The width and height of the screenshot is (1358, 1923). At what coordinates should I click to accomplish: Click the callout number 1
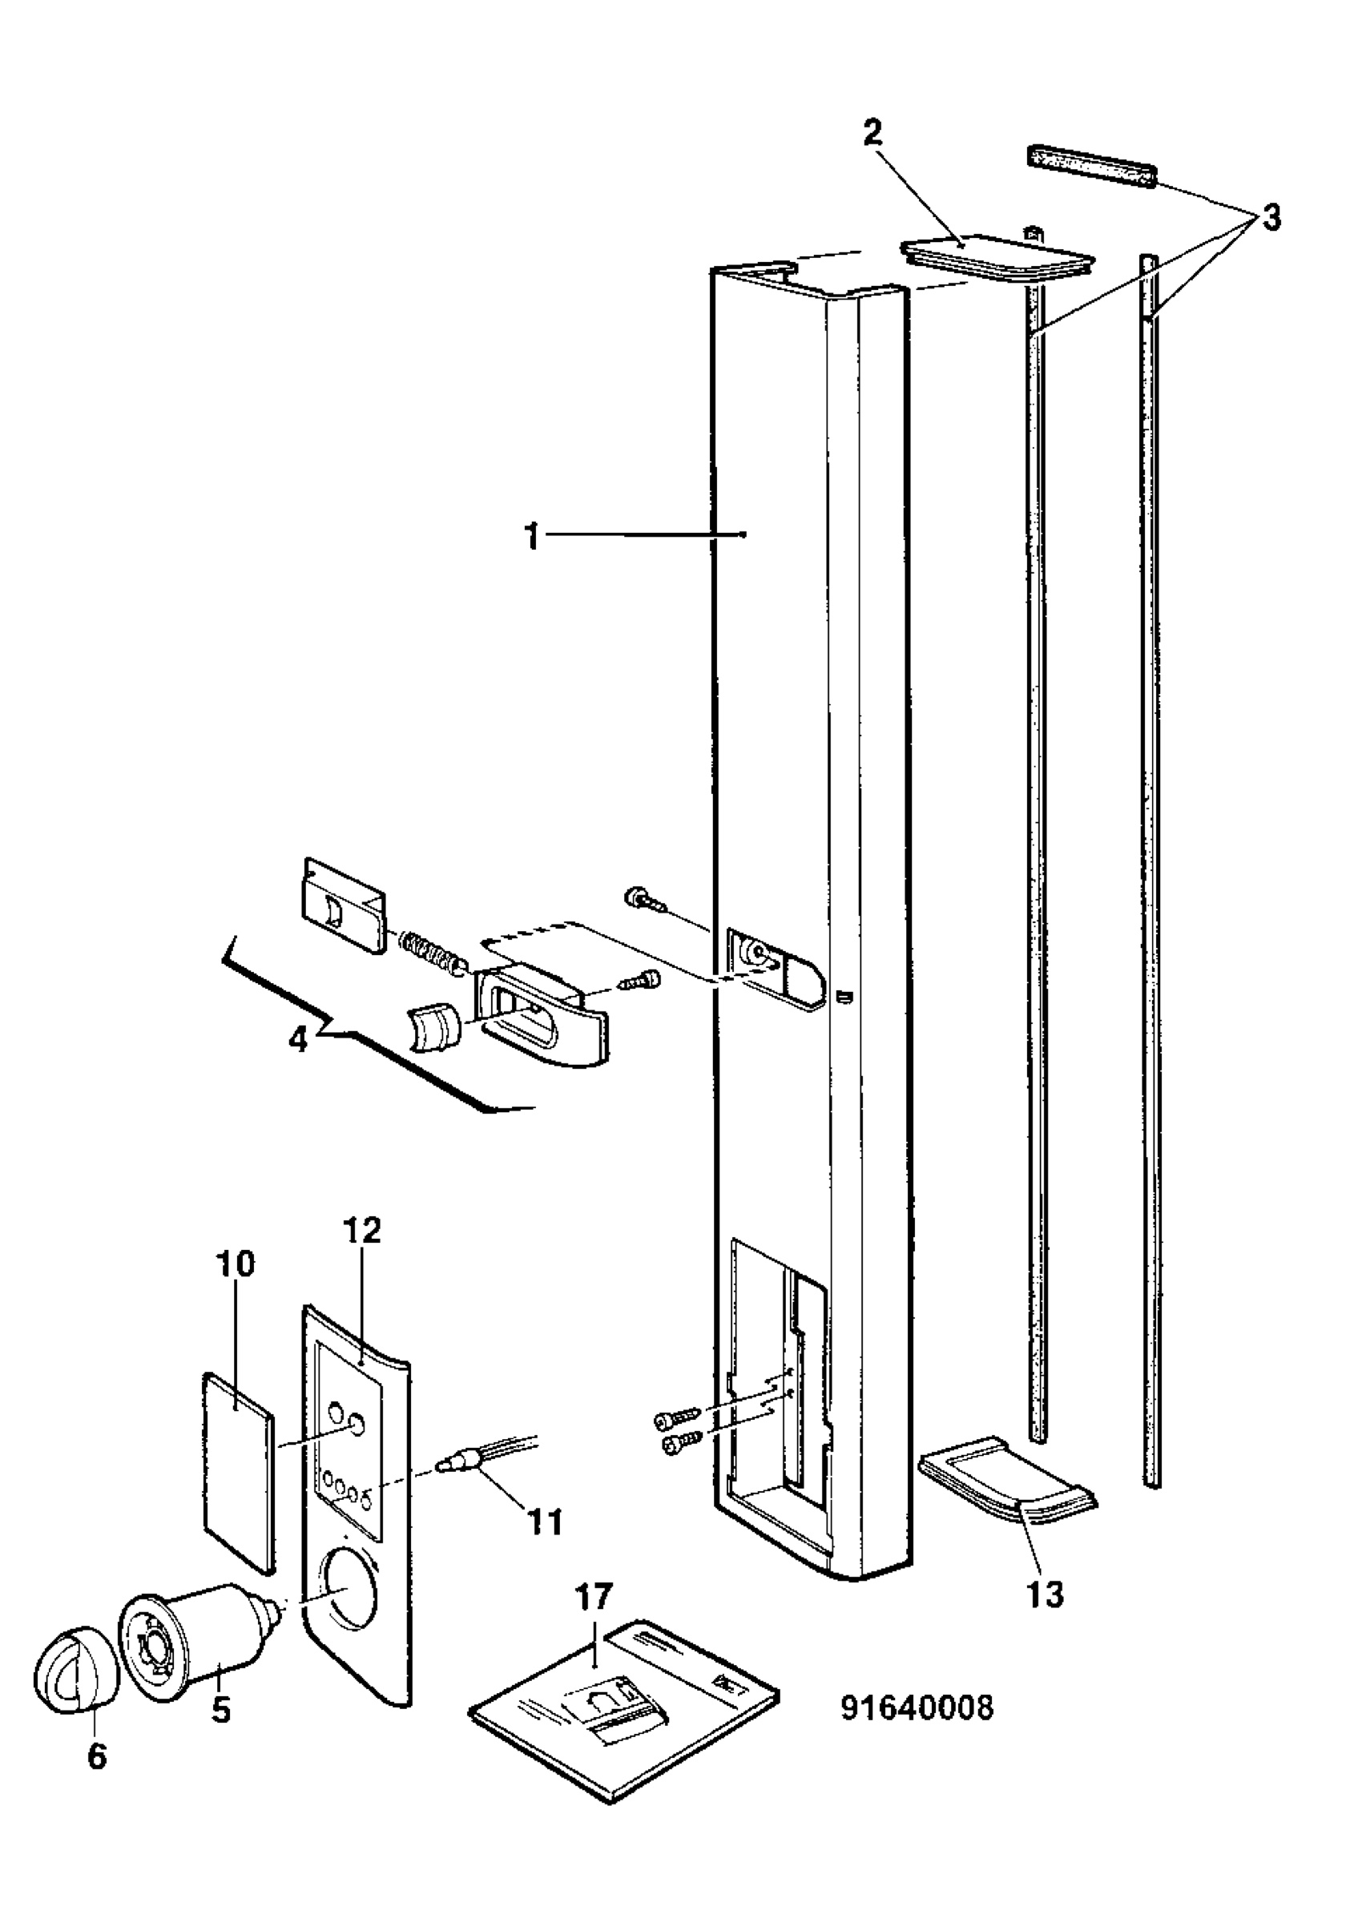pos(533,537)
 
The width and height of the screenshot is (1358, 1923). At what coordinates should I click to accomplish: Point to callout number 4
pos(299,1042)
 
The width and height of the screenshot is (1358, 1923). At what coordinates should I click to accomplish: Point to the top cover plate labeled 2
pos(997,255)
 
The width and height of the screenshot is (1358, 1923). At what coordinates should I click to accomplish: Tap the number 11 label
pos(544,1518)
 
